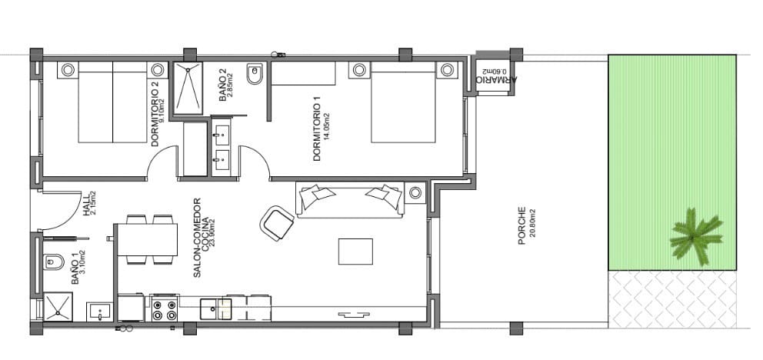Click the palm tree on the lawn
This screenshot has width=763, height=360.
(x=696, y=237)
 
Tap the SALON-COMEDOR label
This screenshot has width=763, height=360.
(x=197, y=238)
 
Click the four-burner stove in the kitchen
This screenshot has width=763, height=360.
(x=165, y=309)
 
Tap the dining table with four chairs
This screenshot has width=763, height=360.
(x=147, y=239)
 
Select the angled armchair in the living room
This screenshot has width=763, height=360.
(x=277, y=223)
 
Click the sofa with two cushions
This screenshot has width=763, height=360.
(x=351, y=198)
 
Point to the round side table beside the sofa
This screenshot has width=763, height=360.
(x=416, y=192)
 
